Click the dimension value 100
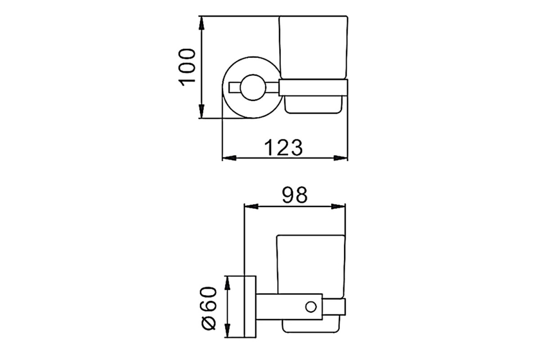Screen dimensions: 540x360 186,67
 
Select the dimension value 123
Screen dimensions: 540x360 283,148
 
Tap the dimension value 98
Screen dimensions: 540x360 295,195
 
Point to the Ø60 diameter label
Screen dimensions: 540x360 209,308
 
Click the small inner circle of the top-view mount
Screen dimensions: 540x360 253,88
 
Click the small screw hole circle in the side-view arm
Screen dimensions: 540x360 311,307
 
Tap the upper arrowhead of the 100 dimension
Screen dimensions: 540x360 202,23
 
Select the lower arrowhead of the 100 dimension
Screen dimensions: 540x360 202,111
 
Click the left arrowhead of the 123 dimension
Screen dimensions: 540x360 229,158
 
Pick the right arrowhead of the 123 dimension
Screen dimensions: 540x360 340,158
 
